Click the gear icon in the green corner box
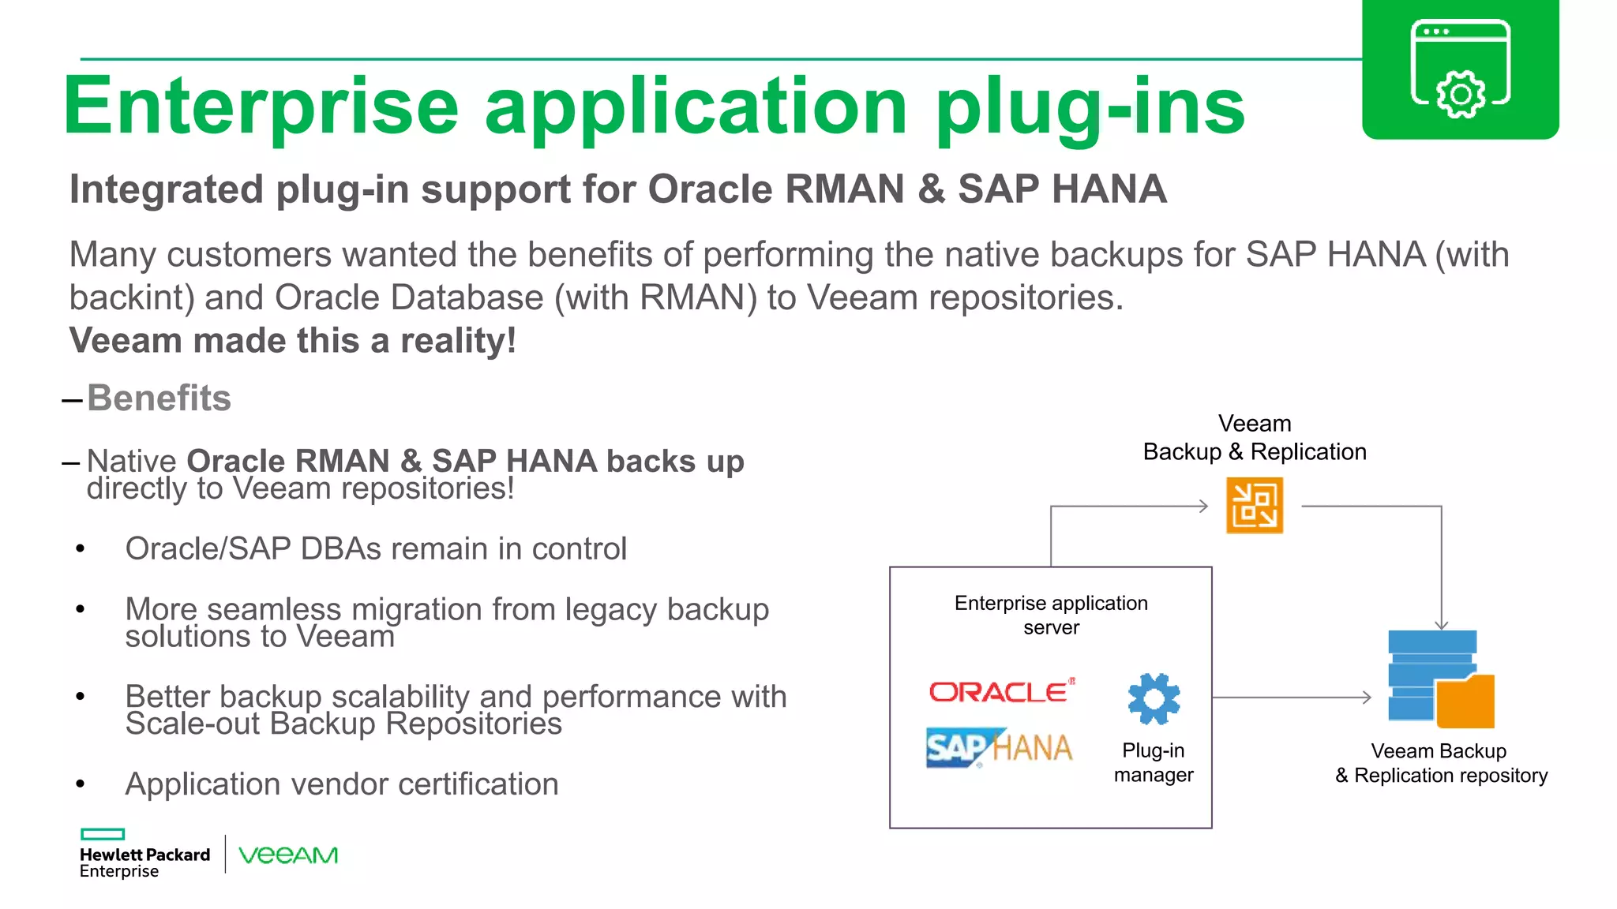point(1460,94)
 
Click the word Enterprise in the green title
point(261,107)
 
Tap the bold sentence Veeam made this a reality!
point(293,341)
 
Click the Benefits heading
point(159,398)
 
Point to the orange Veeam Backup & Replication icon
point(1254,506)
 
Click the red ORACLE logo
point(1001,691)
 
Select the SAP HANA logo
point(999,746)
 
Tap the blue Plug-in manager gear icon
point(1154,698)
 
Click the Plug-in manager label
point(1154,762)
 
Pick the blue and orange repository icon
point(1440,679)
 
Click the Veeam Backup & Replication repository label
point(1440,763)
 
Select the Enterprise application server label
point(1051,615)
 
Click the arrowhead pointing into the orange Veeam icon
point(1203,506)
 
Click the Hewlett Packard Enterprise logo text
point(144,862)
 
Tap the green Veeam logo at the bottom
point(288,855)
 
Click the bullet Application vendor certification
point(341,784)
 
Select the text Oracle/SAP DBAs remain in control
point(376,549)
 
